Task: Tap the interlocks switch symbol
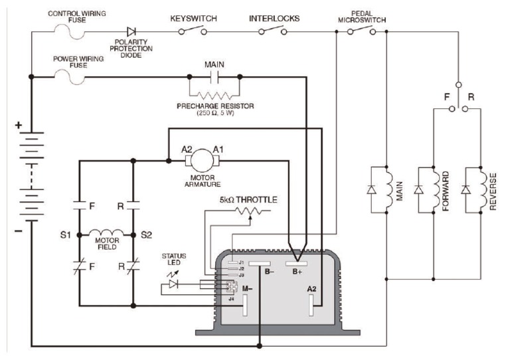tap(274, 30)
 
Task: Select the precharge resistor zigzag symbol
tap(214, 94)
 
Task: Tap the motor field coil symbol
tap(106, 233)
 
